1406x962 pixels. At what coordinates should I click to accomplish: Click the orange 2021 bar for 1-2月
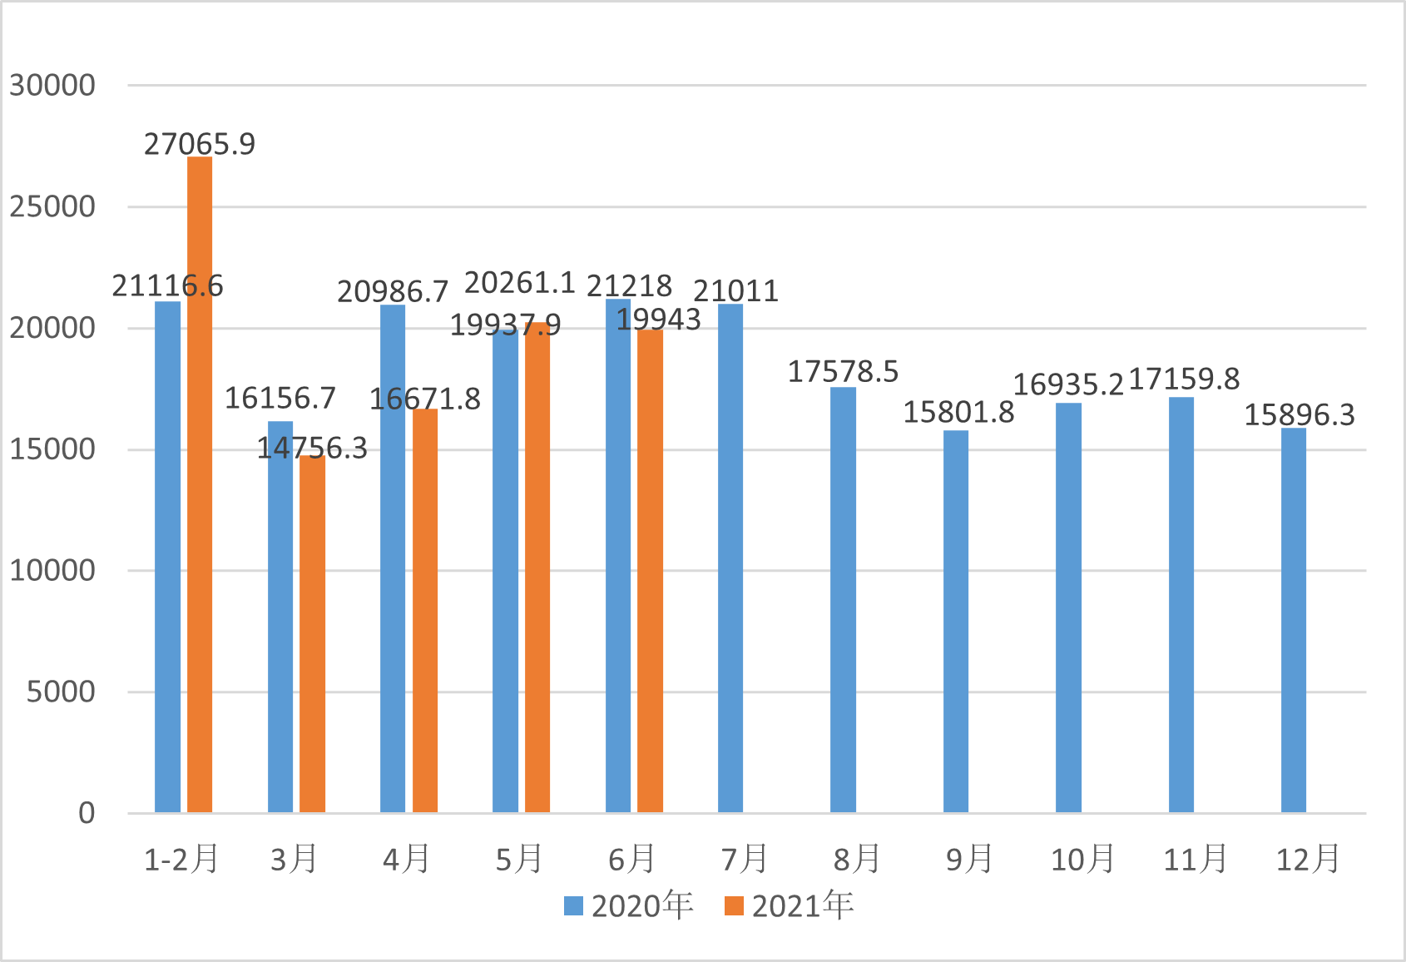point(200,485)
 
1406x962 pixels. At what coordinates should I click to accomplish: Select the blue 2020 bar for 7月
point(730,558)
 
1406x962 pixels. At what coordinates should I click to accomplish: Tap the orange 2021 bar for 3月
point(313,634)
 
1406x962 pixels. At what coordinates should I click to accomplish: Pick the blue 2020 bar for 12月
point(1294,621)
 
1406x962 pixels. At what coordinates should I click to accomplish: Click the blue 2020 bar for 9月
point(956,622)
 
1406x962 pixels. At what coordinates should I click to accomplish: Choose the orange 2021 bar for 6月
point(651,572)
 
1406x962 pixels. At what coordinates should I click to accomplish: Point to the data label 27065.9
point(200,144)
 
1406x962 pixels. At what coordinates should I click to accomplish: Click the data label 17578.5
point(843,371)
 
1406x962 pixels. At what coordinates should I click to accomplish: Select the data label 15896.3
point(1300,414)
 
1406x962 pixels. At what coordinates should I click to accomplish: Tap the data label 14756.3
point(312,448)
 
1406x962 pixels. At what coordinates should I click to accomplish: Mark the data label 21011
point(735,290)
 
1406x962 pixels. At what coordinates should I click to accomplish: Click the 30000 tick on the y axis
point(52,85)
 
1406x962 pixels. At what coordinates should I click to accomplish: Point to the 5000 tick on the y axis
point(61,692)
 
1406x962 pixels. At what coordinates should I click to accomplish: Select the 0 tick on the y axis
point(87,812)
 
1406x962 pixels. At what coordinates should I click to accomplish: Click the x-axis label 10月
point(1082,859)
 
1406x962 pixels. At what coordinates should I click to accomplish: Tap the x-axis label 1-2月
point(181,859)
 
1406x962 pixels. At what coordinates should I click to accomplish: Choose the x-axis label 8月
point(857,859)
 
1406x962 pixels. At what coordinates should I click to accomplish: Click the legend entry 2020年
point(629,905)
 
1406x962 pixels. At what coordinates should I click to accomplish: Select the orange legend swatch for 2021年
point(734,906)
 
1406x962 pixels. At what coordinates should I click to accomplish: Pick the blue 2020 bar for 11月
point(1181,605)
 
